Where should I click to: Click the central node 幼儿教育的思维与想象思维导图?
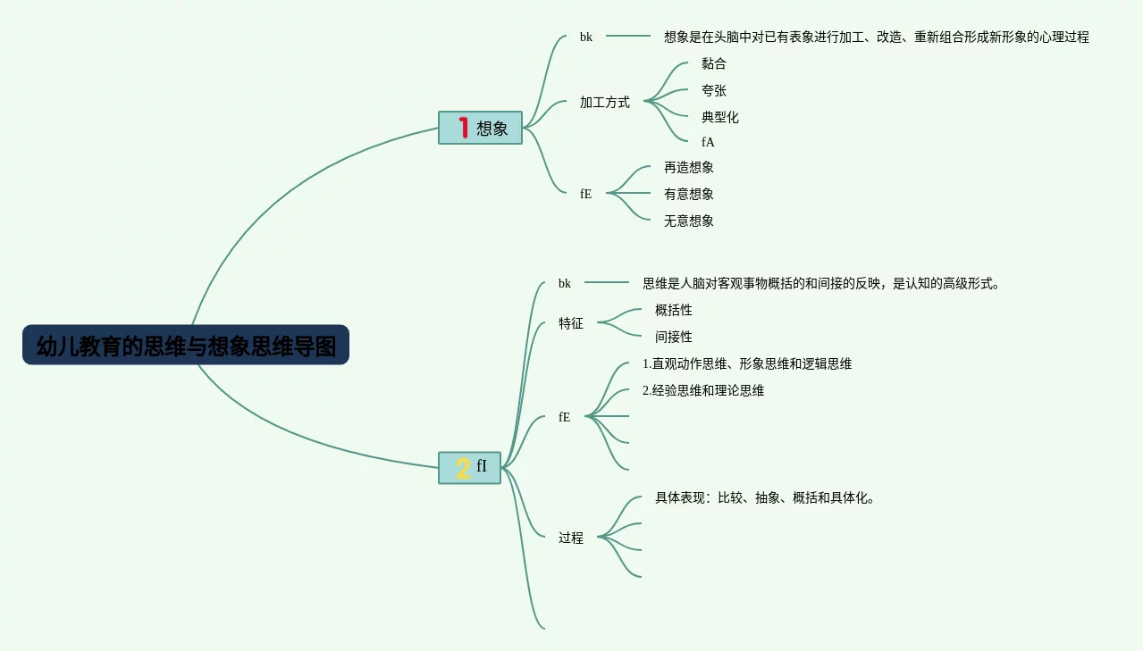point(186,346)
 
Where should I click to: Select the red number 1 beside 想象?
point(463,128)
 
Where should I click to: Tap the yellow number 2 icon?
point(462,468)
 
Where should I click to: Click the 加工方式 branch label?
point(604,103)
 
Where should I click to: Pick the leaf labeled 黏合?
point(713,63)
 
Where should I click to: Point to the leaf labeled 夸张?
point(713,90)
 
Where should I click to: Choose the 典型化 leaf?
point(719,117)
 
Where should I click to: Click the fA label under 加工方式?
point(708,142)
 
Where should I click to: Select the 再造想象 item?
point(688,167)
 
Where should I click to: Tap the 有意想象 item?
point(688,194)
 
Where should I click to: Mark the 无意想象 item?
point(688,221)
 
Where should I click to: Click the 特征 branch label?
point(570,323)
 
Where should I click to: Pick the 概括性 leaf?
point(673,310)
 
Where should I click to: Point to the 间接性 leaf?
point(673,337)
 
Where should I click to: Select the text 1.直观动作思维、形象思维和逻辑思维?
point(746,363)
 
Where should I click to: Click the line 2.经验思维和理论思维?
point(702,390)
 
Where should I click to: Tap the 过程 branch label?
point(570,538)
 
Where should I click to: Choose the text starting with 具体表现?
point(765,497)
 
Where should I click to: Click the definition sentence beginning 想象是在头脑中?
point(876,37)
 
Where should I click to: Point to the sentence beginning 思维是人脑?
point(820,283)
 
